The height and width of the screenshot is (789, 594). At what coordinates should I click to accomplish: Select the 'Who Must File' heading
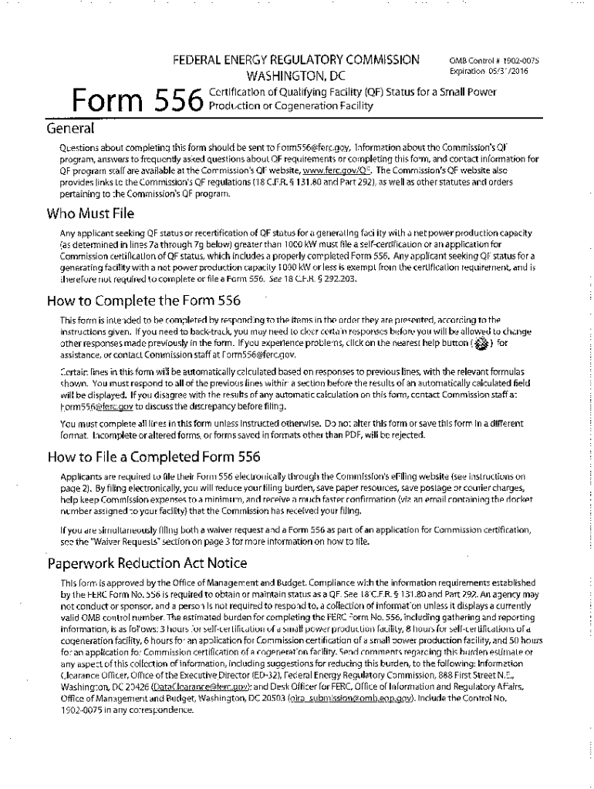pyautogui.click(x=91, y=213)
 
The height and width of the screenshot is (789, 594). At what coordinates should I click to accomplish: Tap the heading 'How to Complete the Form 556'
pyautogui.click(x=143, y=300)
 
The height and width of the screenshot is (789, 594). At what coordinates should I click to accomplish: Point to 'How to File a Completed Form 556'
pyautogui.click(x=154, y=457)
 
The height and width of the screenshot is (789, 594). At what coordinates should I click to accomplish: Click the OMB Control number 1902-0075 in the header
pyautogui.click(x=516, y=60)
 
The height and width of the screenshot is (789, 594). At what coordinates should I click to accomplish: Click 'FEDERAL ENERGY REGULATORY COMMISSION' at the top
pyautogui.click(x=296, y=60)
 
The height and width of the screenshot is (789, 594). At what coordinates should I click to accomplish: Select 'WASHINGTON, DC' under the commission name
pyautogui.click(x=296, y=76)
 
